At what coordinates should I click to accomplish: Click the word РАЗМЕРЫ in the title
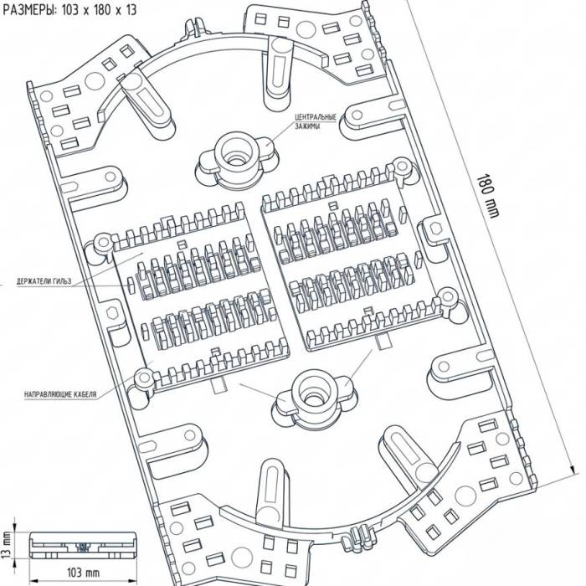(29, 10)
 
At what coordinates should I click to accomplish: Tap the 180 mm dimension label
(488, 196)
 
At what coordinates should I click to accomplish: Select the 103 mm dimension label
(83, 573)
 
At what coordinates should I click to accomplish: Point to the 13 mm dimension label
(7, 545)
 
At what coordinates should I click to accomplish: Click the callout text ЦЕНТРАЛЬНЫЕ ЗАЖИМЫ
(316, 121)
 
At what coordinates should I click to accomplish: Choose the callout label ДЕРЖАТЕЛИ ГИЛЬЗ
(44, 281)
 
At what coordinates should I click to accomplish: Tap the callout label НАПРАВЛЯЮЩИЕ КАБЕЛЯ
(60, 394)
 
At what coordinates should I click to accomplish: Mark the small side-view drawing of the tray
(83, 545)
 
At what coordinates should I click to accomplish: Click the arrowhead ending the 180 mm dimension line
(572, 470)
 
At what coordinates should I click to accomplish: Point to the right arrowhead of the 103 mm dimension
(132, 581)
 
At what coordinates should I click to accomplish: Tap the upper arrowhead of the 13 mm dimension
(14, 527)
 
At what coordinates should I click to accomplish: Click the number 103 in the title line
(70, 10)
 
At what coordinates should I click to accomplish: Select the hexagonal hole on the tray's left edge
(111, 313)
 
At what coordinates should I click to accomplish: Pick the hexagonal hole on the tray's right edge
(434, 228)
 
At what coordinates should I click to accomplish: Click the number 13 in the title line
(131, 10)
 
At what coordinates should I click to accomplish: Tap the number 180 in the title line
(102, 10)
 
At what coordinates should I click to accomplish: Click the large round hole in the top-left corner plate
(95, 80)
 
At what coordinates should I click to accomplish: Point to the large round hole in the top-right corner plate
(306, 30)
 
